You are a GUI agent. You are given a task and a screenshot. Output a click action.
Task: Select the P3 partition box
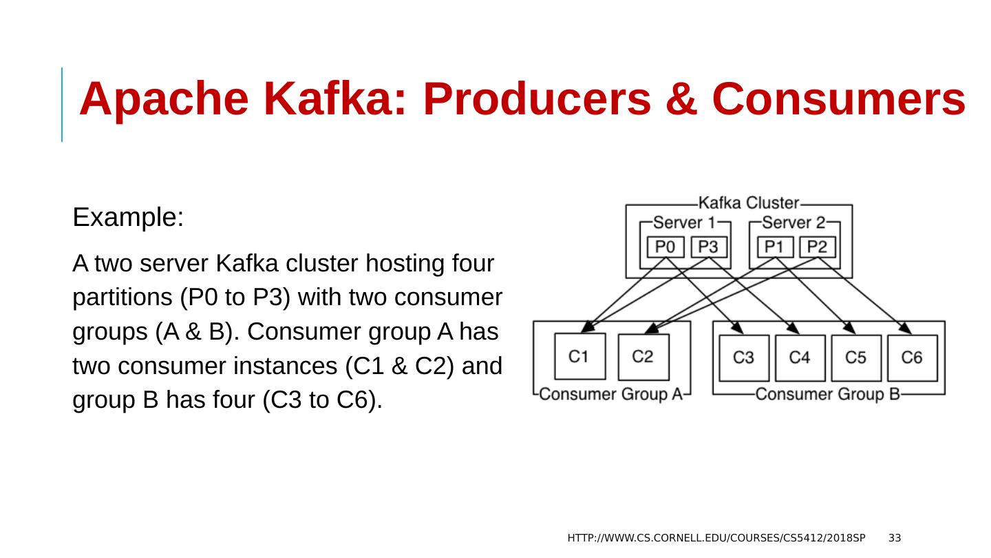709,247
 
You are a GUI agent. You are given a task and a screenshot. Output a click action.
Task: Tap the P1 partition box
775,247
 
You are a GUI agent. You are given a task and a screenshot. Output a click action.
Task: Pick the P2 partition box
818,247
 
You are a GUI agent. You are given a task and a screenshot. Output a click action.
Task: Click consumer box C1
580,356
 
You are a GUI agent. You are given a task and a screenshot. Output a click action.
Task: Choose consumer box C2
643,356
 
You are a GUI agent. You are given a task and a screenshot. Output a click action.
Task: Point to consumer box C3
744,358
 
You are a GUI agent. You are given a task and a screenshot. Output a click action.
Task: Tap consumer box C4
800,358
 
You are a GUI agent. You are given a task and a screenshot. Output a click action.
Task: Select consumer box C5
856,358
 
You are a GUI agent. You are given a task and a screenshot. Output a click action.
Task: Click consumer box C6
912,358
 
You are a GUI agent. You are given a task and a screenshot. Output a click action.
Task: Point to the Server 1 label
684,222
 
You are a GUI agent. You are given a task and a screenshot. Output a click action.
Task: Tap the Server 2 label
793,222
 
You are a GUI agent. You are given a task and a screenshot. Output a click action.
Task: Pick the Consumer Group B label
828,394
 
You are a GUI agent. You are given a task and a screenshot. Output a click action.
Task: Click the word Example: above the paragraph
128,218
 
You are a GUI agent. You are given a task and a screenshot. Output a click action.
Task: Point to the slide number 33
895,537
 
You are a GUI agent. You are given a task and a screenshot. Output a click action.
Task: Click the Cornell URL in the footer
716,537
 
